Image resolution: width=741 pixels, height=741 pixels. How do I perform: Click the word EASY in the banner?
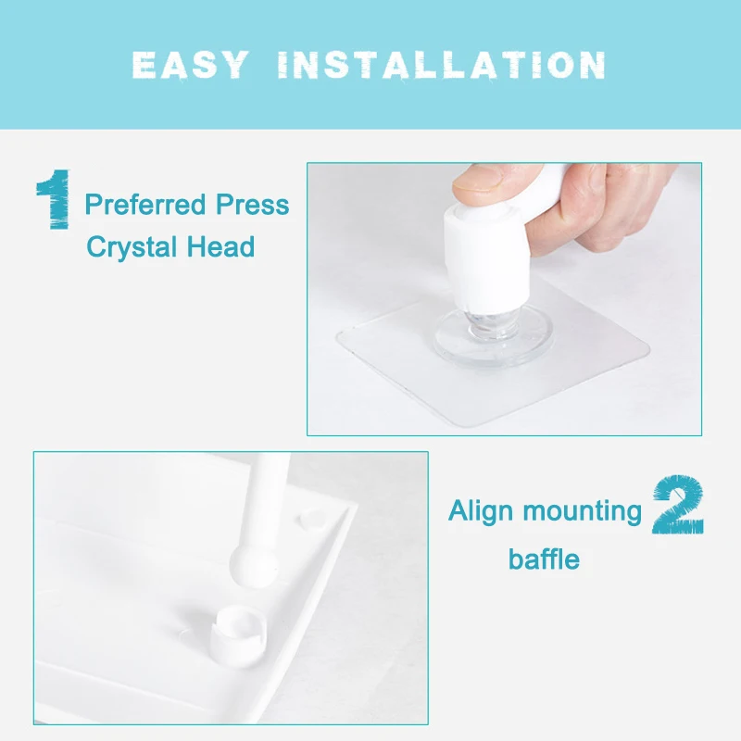click(x=191, y=65)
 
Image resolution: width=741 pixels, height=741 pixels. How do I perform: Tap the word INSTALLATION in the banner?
click(x=442, y=65)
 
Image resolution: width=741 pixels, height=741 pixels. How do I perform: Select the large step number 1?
click(x=54, y=199)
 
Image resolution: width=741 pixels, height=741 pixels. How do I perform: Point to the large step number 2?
click(x=678, y=505)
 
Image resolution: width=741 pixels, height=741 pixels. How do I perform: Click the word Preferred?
click(x=145, y=205)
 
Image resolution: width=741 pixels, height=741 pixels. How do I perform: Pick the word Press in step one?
click(x=252, y=205)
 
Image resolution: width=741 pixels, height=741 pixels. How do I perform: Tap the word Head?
click(x=220, y=246)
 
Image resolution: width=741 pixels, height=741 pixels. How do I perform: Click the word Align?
click(x=481, y=512)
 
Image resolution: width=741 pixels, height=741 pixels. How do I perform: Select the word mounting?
click(x=583, y=512)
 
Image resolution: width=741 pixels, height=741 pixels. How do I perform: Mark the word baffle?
click(x=544, y=559)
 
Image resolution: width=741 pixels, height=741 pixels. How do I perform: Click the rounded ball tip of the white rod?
click(x=254, y=566)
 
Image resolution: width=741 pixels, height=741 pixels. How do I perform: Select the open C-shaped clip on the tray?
click(x=238, y=635)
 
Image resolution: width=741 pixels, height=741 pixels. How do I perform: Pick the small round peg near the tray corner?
click(x=312, y=519)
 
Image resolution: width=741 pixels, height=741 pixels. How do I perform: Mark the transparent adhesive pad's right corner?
click(x=649, y=350)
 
